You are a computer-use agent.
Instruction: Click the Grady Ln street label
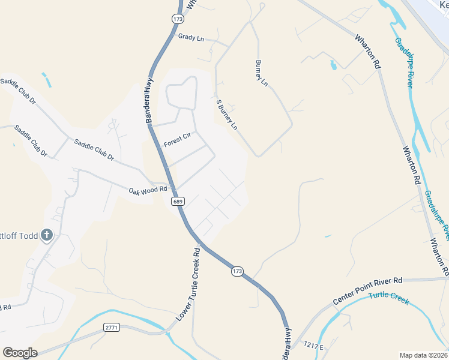coord(191,37)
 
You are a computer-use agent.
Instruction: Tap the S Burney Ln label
coord(227,115)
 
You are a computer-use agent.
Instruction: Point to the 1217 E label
coord(313,346)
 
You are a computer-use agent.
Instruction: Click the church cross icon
coord(47,235)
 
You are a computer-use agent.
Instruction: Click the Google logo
coord(20,352)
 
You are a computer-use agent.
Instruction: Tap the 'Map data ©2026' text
coord(423,355)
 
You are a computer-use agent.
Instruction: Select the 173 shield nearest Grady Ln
coord(177,19)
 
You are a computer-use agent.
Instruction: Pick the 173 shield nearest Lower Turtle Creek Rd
coord(237,272)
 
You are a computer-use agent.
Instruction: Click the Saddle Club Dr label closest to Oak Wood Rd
coord(94,149)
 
